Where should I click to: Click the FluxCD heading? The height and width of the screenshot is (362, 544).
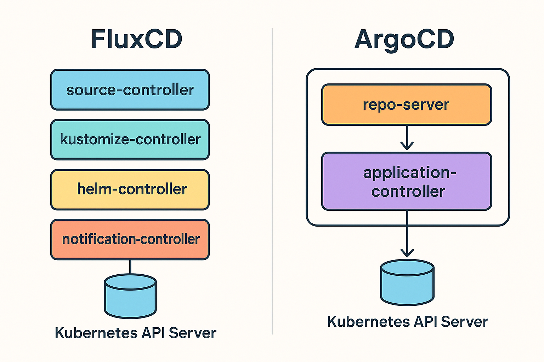(137, 39)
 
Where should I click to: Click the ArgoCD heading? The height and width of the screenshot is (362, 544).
(404, 39)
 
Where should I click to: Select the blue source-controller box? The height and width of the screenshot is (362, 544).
(130, 90)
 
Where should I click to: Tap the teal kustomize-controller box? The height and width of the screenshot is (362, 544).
(130, 140)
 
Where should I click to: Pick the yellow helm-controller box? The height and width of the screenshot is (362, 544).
(130, 189)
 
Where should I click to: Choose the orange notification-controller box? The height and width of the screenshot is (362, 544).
(130, 239)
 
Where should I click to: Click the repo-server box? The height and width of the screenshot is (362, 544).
(406, 105)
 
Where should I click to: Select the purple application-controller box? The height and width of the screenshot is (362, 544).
(406, 181)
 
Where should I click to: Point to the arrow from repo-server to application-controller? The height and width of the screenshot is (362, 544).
(407, 138)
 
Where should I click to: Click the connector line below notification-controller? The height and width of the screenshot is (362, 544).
(130, 267)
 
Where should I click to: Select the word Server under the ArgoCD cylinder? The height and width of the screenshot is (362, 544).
(464, 322)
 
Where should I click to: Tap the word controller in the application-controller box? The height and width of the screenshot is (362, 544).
(408, 192)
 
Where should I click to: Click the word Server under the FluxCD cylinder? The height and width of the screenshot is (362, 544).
(192, 333)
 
